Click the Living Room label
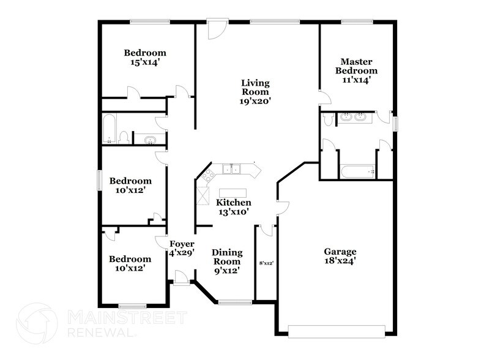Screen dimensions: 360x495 [255, 92]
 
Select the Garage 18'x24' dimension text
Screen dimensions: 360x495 [340, 261]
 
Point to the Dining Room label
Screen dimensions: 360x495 [226, 261]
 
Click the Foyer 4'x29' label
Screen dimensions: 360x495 [182, 248]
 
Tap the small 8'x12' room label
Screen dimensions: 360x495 [266, 263]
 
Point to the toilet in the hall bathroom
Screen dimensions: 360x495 [124, 137]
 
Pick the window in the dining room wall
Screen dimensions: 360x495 [235, 301]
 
